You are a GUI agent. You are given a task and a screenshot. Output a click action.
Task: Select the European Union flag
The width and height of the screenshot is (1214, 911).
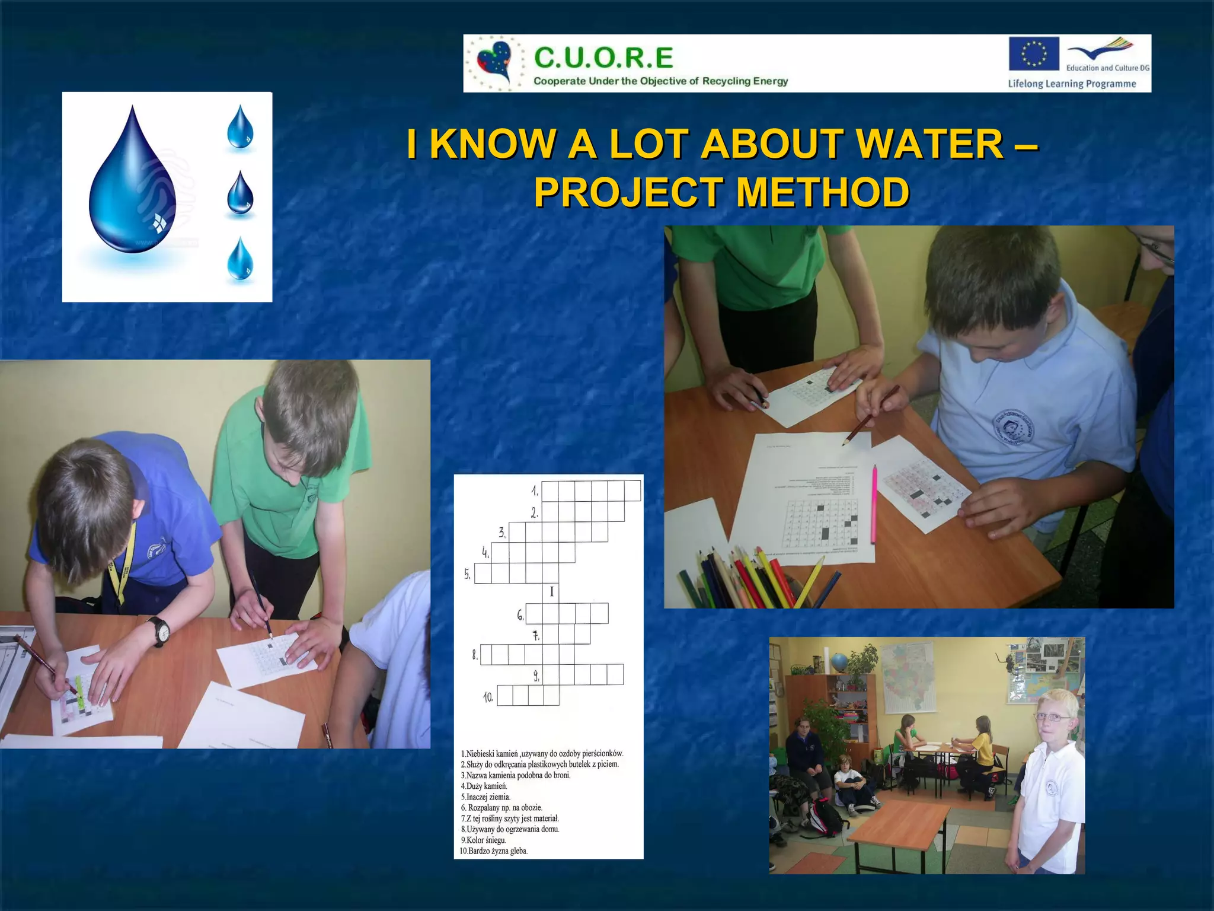pos(1034,53)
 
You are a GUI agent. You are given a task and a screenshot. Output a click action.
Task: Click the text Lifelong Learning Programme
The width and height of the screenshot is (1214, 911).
pos(1072,84)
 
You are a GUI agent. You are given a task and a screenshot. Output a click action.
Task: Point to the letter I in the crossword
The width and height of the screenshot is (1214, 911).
pos(551,591)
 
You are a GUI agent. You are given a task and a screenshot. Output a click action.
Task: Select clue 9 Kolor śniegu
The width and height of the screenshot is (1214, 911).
pos(484,840)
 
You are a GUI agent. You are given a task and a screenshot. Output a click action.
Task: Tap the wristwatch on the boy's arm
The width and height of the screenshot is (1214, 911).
pos(159,631)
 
